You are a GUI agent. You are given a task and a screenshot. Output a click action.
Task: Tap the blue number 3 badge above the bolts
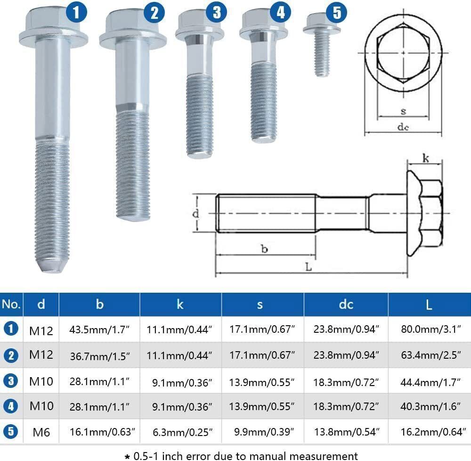pos(216,12)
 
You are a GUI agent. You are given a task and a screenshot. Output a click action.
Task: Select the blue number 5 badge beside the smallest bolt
pos(336,12)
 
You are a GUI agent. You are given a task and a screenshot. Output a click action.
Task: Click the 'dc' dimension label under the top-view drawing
pos(403,126)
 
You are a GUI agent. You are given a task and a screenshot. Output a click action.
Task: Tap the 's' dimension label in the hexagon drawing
pos(403,112)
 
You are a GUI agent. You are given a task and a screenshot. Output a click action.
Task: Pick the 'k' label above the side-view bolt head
pos(425,159)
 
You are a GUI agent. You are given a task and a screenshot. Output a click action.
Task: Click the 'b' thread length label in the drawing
pos(265,249)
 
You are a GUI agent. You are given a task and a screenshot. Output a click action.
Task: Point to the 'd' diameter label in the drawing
pos(196,214)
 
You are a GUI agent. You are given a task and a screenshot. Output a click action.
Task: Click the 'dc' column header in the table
pos(346,305)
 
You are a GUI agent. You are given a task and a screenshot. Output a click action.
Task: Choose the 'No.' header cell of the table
pos(11,305)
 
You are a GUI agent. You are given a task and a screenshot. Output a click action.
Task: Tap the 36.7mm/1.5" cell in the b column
pos(99,354)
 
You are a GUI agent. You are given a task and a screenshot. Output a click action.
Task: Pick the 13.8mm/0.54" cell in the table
pos(346,431)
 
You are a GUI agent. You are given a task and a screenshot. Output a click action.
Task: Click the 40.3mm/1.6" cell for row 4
pos(429,406)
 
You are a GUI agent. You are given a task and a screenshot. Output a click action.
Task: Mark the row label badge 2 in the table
pos(11,355)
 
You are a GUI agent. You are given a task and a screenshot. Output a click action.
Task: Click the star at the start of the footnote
pos(127,456)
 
